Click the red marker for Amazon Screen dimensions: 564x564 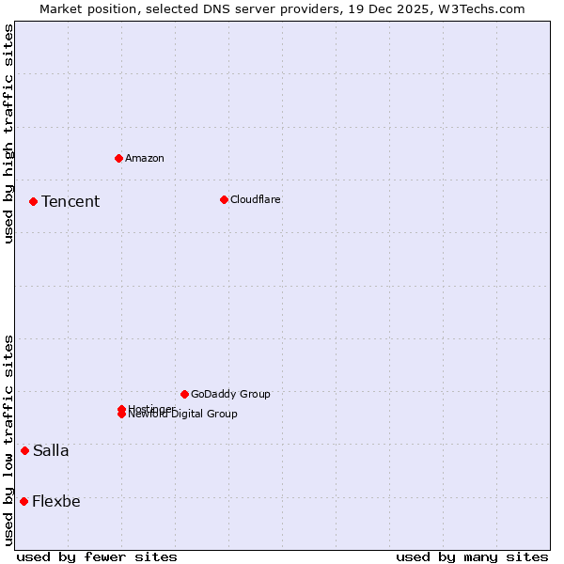click(x=118, y=158)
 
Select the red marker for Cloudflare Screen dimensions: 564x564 click(x=224, y=199)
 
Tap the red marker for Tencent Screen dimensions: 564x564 click(x=33, y=201)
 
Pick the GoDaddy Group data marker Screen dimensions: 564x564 click(x=184, y=394)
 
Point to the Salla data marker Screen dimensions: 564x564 click(x=24, y=450)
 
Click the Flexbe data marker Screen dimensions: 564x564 click(x=23, y=501)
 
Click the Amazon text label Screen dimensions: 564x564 click(x=145, y=158)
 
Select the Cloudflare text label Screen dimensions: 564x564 click(x=256, y=199)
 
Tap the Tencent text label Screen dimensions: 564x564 click(x=70, y=201)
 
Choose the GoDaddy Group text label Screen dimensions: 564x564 click(x=230, y=394)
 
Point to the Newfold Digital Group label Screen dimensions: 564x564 click(x=184, y=415)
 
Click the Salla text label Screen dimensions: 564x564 click(x=51, y=450)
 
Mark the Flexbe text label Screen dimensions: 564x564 click(x=56, y=501)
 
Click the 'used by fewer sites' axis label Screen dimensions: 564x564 click(x=97, y=556)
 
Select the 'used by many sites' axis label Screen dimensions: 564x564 click(x=472, y=556)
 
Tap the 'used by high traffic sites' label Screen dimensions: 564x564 click(x=8, y=133)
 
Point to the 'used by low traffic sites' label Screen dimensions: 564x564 click(x=8, y=440)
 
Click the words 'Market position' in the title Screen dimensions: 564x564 click(x=82, y=8)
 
